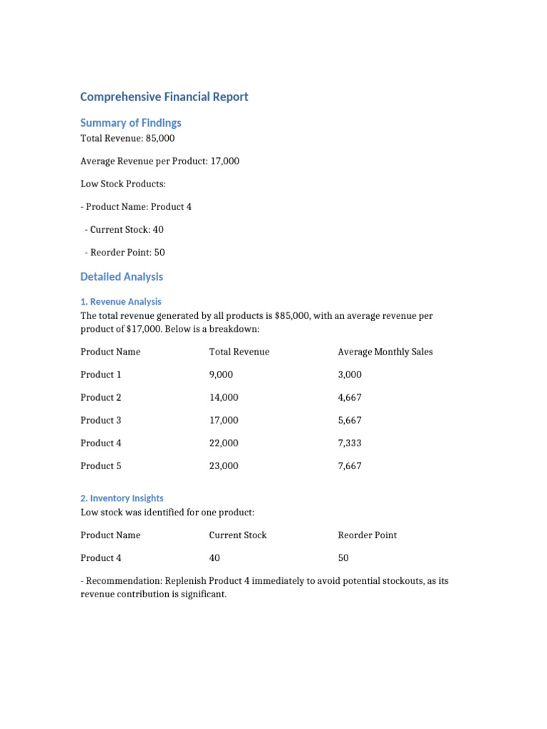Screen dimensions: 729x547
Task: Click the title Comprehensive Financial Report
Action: [x=164, y=97]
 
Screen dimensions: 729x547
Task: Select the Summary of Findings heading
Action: [x=130, y=122]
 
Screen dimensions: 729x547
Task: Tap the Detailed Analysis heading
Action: [x=122, y=276]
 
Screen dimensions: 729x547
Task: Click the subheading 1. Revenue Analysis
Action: [x=121, y=301]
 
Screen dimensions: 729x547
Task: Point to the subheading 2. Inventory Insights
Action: [x=122, y=498]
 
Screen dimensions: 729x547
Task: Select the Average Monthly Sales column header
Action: [x=385, y=352]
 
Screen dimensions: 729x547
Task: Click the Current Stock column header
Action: [x=237, y=535]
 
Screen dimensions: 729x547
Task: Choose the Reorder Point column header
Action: [x=367, y=535]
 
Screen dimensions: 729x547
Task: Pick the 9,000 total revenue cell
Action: [x=221, y=374]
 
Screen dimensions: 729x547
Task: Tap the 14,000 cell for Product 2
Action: [x=224, y=397]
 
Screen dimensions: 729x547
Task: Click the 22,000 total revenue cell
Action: [x=224, y=443]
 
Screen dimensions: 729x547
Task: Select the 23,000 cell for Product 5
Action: [x=224, y=466]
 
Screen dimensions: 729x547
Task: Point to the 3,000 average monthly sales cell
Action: [x=350, y=374]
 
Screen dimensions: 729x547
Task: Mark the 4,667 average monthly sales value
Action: [x=350, y=397]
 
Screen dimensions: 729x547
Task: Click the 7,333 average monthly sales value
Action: [x=350, y=443]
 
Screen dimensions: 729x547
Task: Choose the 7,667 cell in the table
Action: [x=350, y=466]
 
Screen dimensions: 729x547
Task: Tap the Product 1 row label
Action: [x=101, y=374]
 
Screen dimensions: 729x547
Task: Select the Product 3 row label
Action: [x=101, y=420]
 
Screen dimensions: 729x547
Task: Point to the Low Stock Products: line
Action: [x=123, y=184]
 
